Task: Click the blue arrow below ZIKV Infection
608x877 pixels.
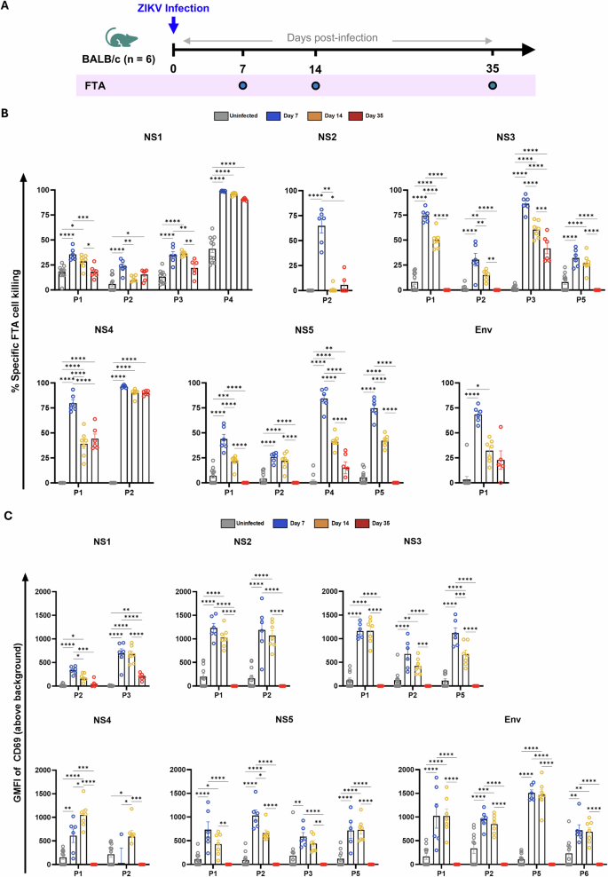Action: [x=173, y=28]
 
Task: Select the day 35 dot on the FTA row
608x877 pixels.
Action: [x=494, y=85]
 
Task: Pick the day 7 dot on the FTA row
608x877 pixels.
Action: [x=242, y=85]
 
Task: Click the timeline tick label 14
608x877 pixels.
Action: [x=314, y=68]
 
